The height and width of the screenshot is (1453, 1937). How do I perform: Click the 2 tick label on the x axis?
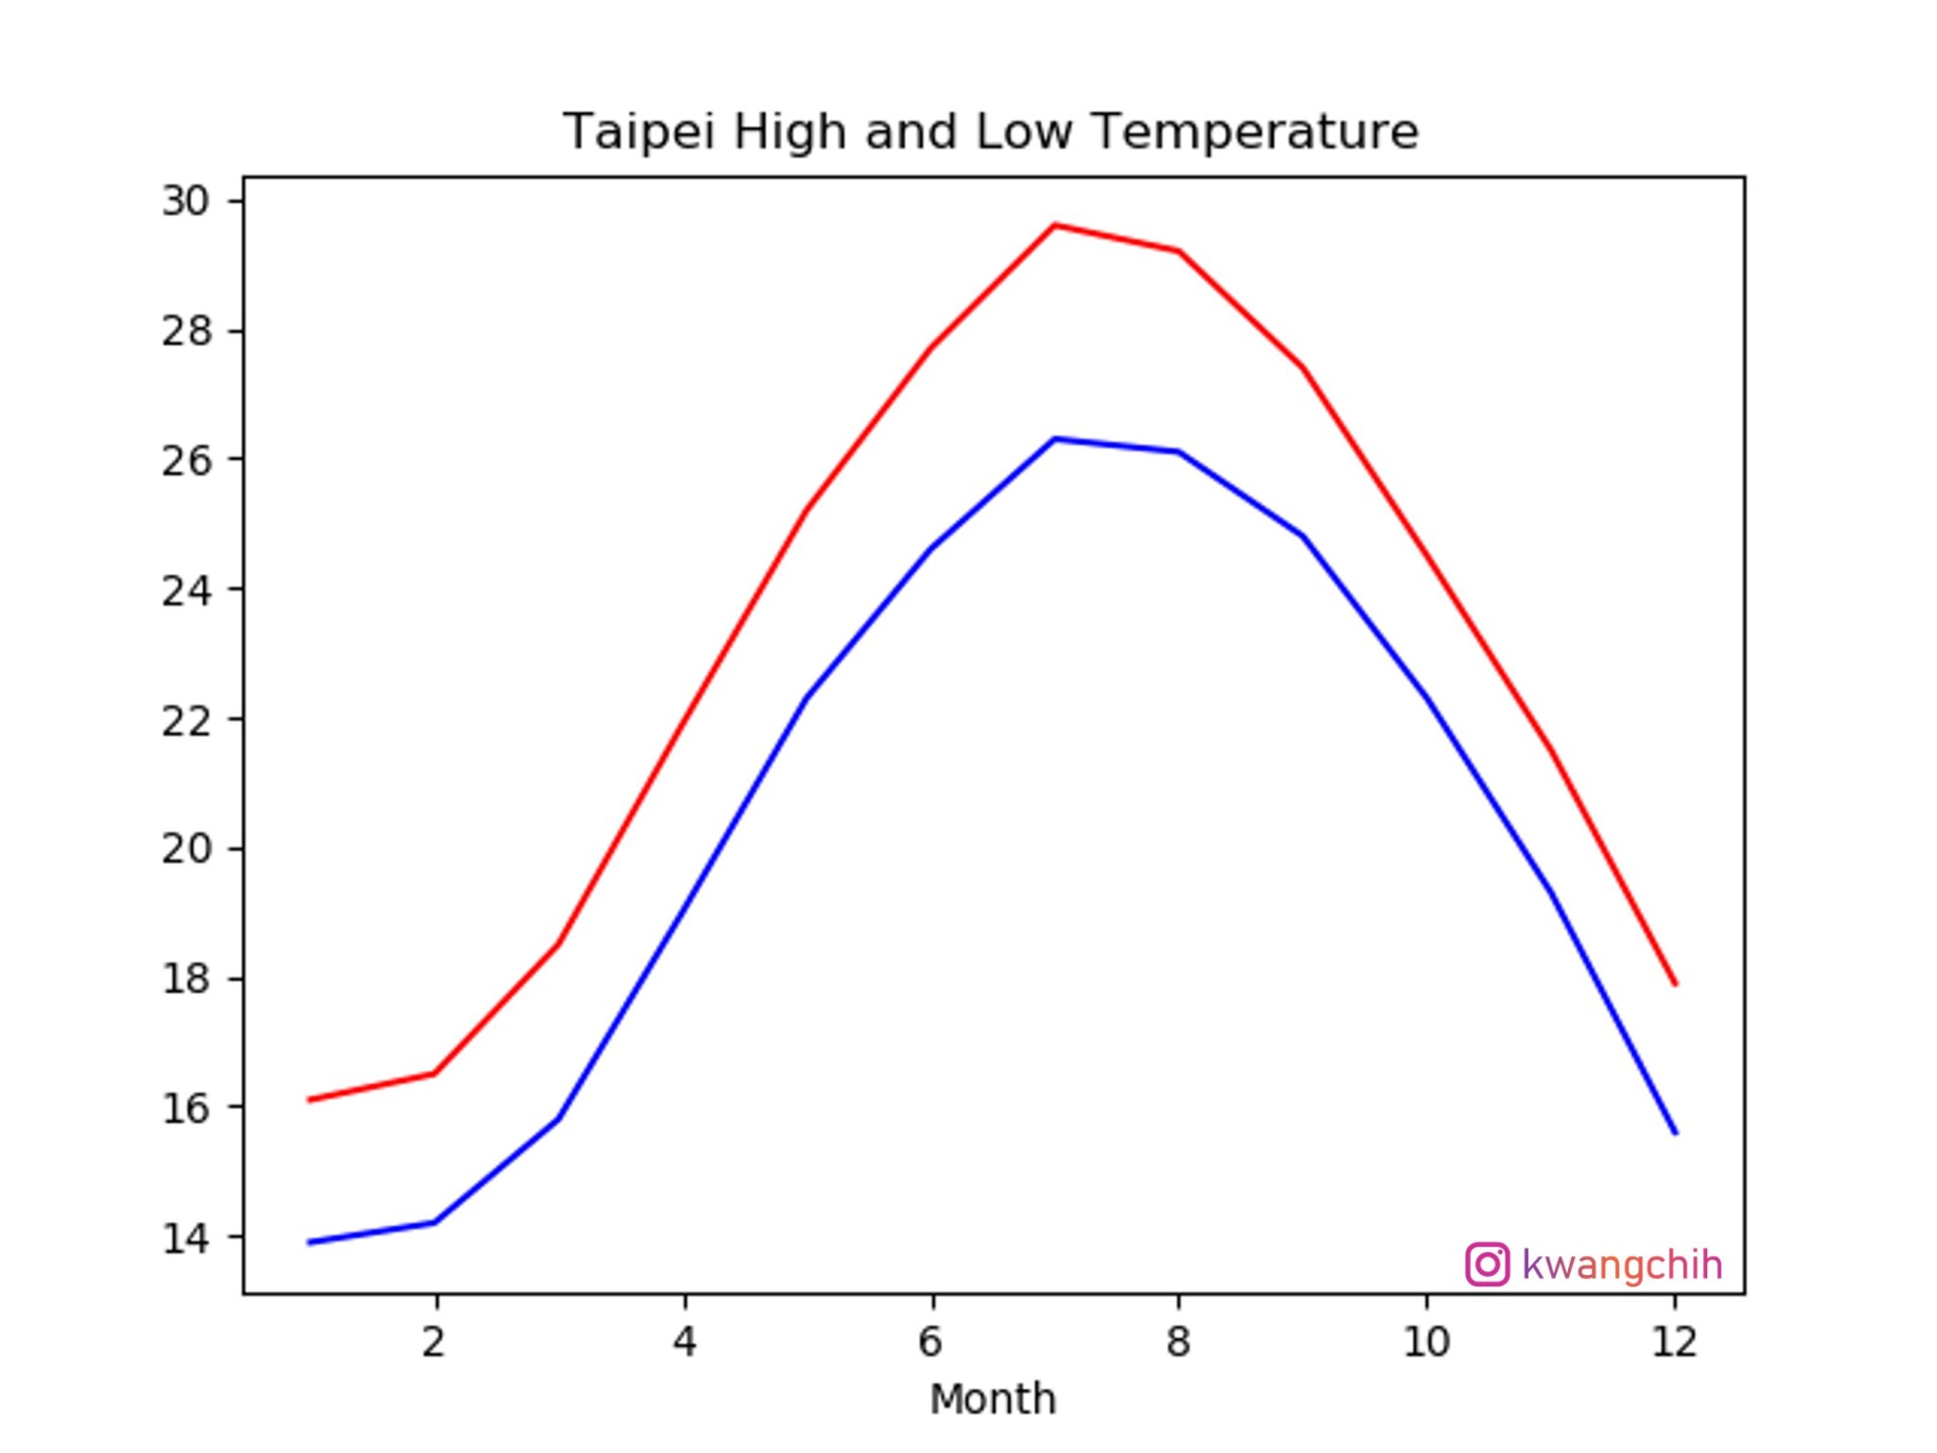point(434,1341)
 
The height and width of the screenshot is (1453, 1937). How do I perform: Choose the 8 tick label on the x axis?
point(1178,1341)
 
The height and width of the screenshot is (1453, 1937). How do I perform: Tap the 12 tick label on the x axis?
point(1674,1341)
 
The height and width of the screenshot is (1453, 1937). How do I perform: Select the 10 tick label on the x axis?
point(1426,1341)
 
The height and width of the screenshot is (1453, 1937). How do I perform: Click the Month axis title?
point(992,1399)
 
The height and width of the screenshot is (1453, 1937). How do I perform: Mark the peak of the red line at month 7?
point(1055,225)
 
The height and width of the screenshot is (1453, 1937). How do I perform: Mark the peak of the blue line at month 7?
point(1055,439)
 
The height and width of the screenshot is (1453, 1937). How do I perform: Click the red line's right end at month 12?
point(1675,984)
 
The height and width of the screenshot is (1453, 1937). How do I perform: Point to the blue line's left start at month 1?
point(310,1242)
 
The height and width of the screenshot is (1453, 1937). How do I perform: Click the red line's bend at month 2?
point(434,1073)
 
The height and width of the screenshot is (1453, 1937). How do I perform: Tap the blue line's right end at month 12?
point(1675,1132)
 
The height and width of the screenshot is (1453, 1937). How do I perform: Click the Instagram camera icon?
point(1487,1265)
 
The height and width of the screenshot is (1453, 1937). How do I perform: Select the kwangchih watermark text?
point(1622,1265)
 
